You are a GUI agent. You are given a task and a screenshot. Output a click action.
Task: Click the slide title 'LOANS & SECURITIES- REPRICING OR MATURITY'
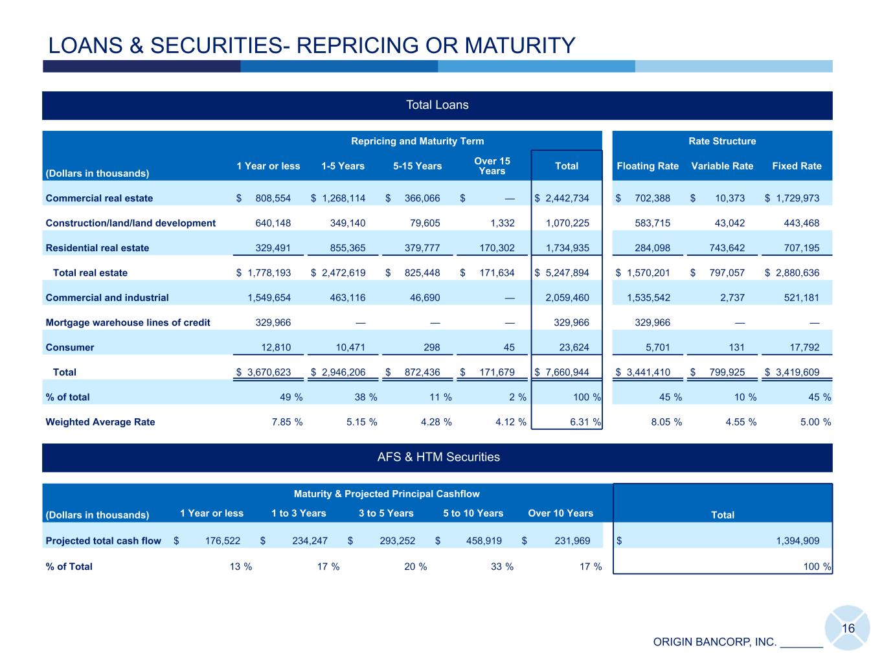pyautogui.click(x=312, y=45)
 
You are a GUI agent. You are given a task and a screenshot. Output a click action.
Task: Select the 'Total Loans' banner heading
pyautogui.click(x=436, y=105)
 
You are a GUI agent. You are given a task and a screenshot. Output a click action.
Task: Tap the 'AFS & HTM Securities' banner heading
pyautogui.click(x=438, y=457)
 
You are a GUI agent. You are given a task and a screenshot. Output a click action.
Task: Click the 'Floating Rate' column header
pyautogui.click(x=647, y=166)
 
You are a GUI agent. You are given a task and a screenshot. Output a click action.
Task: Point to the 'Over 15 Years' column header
pyautogui.click(x=492, y=166)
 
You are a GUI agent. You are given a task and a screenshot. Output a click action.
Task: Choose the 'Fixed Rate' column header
pyautogui.click(x=797, y=166)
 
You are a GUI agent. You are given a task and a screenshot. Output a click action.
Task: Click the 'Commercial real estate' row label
pyautogui.click(x=99, y=198)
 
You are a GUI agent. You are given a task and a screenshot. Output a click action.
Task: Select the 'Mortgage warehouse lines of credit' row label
pyautogui.click(x=128, y=322)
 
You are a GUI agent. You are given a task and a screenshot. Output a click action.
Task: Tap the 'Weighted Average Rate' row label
pyautogui.click(x=100, y=422)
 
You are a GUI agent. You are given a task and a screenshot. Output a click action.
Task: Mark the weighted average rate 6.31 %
pyautogui.click(x=576, y=422)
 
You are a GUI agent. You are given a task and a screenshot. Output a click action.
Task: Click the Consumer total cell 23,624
pyautogui.click(x=574, y=348)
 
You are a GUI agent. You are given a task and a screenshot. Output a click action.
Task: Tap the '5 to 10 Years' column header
pyautogui.click(x=473, y=513)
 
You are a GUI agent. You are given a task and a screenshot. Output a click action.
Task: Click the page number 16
pyautogui.click(x=848, y=629)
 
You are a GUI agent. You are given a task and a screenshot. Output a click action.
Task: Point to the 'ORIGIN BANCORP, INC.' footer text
pyautogui.click(x=714, y=642)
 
